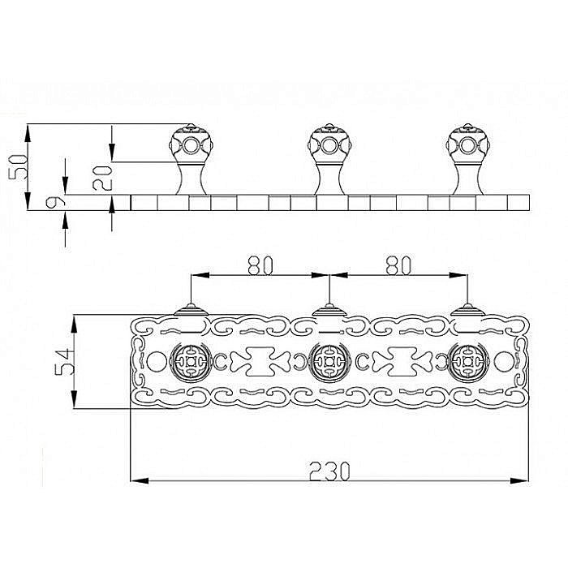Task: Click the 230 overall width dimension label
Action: point(329,471)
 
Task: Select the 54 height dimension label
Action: point(64,362)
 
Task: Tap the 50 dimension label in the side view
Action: point(18,166)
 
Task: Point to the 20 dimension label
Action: point(101,179)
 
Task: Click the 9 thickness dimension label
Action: point(55,202)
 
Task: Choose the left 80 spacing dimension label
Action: point(260,265)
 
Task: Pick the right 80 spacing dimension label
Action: point(398,265)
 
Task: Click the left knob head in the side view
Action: point(191,144)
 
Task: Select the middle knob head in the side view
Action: point(329,144)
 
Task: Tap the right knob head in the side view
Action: point(467,144)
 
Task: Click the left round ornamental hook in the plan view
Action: point(191,362)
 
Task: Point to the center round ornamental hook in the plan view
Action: point(329,362)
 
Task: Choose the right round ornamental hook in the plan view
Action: point(467,362)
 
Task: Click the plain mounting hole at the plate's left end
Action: point(156,362)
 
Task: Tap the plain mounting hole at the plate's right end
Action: point(503,362)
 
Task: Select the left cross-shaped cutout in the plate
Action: point(260,362)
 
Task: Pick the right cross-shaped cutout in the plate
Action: point(402,362)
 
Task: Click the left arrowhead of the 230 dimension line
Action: point(140,480)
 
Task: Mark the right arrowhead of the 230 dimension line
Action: point(519,480)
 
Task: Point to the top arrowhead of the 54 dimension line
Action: point(74,324)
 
